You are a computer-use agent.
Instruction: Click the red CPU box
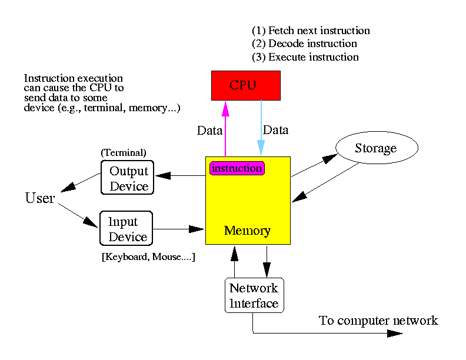pos(246,85)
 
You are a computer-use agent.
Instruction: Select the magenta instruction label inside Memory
pos(237,168)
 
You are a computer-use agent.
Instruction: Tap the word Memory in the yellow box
pos(247,231)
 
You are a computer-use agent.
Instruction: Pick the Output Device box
pos(127,178)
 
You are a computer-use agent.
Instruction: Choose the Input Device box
pos(127,229)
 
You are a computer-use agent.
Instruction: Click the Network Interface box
pos(254,295)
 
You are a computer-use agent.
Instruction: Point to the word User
pos(40,198)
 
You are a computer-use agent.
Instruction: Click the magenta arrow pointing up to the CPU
pos(225,129)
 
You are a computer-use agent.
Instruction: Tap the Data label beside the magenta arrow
pos(209,131)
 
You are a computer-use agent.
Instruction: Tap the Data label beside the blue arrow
pos(276,130)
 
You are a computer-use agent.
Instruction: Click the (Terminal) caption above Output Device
pos(124,152)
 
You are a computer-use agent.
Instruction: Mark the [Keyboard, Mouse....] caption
pos(148,258)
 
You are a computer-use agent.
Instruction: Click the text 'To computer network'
pos(378,321)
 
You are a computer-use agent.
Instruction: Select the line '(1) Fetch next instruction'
pos(311,31)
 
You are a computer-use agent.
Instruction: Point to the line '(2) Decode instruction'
pos(304,44)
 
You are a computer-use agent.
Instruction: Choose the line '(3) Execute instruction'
pos(305,57)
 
